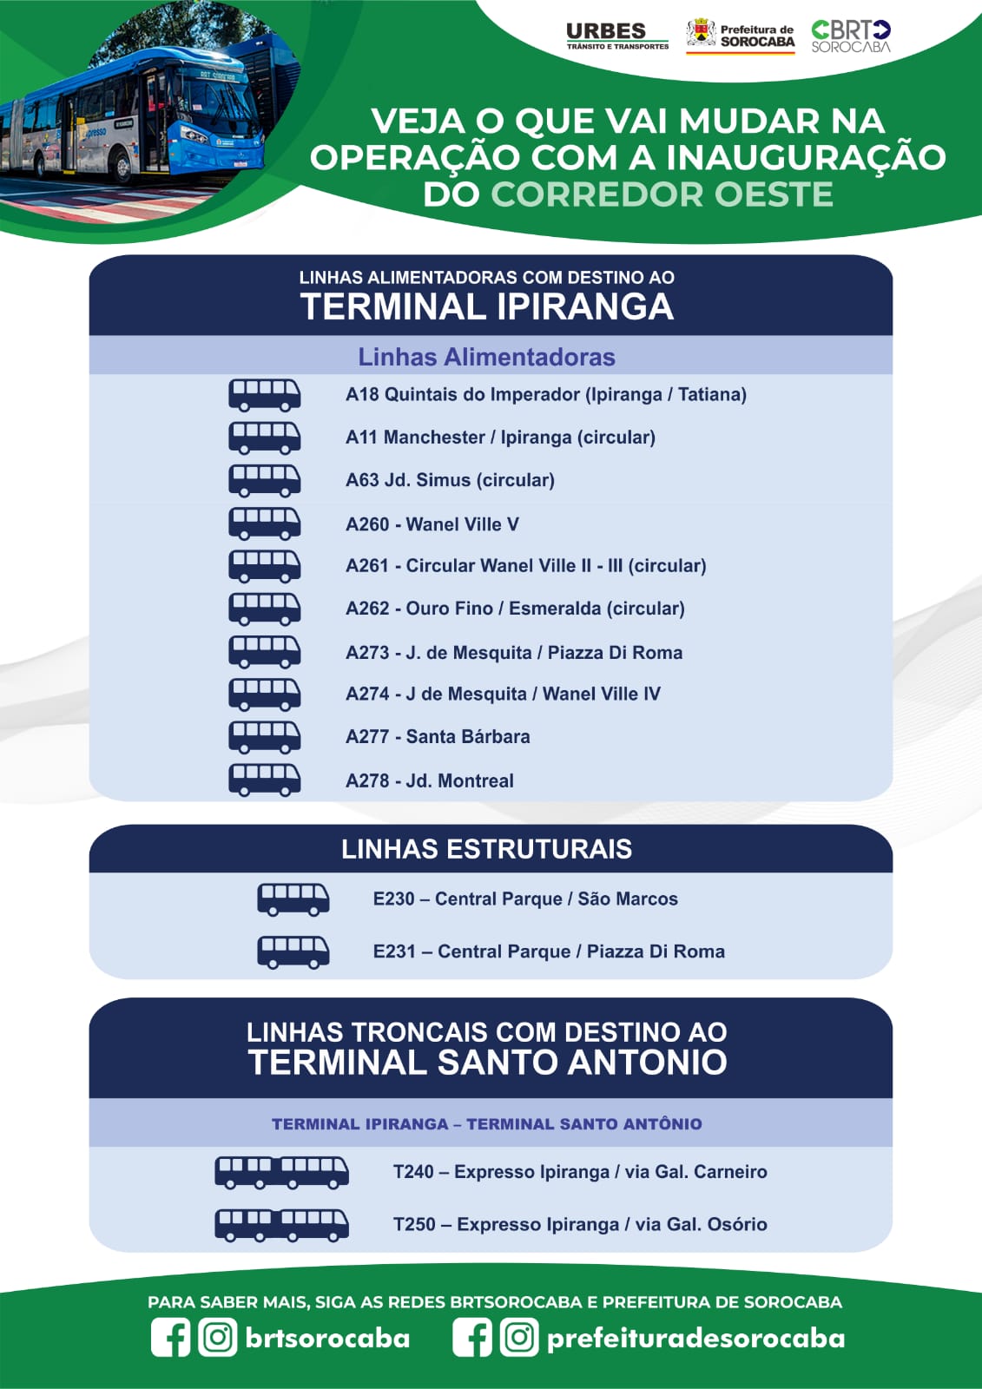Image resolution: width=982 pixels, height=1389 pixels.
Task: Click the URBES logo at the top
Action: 617,36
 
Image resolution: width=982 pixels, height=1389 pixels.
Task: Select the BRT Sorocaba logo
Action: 851,36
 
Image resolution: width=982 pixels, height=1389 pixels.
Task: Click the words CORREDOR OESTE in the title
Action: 662,194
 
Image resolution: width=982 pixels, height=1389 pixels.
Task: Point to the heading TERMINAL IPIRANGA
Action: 487,306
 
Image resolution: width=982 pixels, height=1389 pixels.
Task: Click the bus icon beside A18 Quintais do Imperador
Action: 264,395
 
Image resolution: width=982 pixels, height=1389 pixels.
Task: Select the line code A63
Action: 362,480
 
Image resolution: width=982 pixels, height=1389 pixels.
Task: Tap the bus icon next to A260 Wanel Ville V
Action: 264,524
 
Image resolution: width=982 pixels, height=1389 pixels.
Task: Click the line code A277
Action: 367,737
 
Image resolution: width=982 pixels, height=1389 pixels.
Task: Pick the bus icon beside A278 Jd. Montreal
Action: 264,780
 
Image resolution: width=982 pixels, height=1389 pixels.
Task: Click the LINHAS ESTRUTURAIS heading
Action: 487,849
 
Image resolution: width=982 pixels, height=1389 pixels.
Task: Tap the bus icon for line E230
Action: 293,899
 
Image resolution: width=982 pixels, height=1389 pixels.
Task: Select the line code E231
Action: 394,951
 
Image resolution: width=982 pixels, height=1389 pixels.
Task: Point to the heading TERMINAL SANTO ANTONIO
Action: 488,1062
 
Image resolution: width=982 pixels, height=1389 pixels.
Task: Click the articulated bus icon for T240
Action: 281,1172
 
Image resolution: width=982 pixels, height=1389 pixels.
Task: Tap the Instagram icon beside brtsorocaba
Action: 218,1338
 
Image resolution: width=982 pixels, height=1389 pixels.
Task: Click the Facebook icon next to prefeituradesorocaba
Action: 472,1338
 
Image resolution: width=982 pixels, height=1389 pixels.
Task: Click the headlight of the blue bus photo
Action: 194,135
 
